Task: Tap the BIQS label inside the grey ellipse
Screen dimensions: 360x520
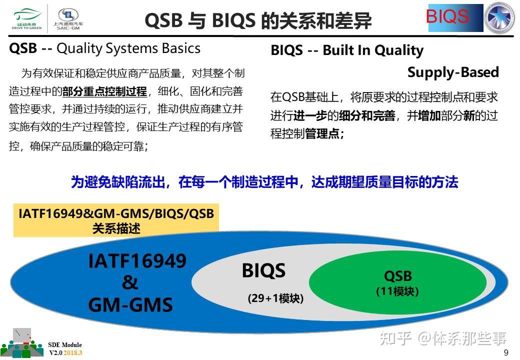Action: click(263, 271)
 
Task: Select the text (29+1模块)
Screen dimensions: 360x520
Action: click(275, 298)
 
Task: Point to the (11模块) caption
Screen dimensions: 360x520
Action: click(397, 291)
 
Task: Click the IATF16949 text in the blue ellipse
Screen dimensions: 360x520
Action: click(137, 261)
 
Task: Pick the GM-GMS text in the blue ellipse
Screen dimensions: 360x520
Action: click(130, 304)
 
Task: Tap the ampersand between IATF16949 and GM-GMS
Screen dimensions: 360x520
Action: click(129, 283)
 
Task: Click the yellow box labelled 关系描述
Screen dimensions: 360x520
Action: click(116, 221)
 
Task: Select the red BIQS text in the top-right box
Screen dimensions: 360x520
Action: click(447, 16)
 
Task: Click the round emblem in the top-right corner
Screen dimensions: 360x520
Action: click(500, 18)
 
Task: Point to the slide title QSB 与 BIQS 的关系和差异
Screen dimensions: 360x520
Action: click(258, 21)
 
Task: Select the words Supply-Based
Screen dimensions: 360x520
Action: click(453, 72)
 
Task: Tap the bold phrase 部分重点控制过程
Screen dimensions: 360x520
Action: click(104, 91)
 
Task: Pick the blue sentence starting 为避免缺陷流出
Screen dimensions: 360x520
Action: click(264, 182)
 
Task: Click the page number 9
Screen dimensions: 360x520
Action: click(506, 352)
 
